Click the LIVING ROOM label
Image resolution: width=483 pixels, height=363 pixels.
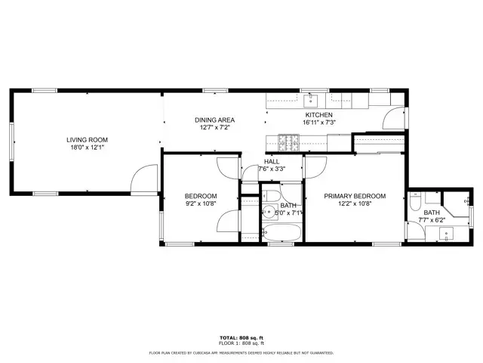(88, 140)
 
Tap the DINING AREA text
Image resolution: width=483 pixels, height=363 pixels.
(215, 119)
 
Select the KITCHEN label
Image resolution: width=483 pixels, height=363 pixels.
(318, 115)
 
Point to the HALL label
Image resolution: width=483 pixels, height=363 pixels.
(272, 161)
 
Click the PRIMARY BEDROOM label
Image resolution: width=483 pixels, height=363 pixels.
(355, 196)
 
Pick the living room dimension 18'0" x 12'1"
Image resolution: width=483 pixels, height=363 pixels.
(88, 148)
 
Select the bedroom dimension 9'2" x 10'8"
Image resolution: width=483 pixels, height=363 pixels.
(202, 203)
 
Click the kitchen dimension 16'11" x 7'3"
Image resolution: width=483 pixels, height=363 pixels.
(318, 123)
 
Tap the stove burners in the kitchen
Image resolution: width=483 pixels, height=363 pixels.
(289, 141)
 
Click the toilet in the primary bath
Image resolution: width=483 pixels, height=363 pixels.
(414, 203)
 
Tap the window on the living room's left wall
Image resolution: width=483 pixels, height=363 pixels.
(11, 140)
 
